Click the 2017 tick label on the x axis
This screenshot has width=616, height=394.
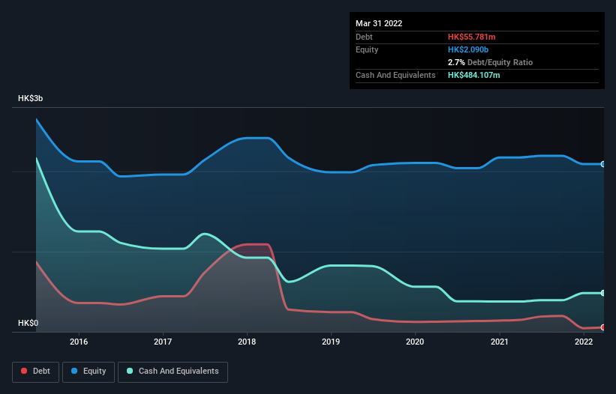coord(162,342)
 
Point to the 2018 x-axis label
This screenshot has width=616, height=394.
coord(247,342)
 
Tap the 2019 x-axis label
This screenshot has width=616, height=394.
coord(330,342)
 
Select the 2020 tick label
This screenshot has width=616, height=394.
coord(415,342)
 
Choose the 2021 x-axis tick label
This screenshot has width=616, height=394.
coord(499,342)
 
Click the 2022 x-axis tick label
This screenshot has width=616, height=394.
coord(583,342)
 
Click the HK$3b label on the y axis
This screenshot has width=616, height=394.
coord(31,99)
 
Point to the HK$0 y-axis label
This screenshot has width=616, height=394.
coord(28,323)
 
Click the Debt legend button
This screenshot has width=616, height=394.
coord(35,372)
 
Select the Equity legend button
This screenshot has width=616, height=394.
coord(89,372)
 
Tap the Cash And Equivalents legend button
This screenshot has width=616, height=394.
coord(173,372)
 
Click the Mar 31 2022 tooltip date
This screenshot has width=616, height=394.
coord(379,23)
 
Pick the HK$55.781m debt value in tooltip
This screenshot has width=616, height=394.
coord(472,37)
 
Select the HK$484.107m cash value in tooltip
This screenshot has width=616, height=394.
coord(474,75)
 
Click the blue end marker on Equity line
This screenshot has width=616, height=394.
coord(603,164)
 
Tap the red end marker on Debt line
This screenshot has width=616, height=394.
coord(603,327)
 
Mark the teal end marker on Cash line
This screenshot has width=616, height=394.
coord(603,293)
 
